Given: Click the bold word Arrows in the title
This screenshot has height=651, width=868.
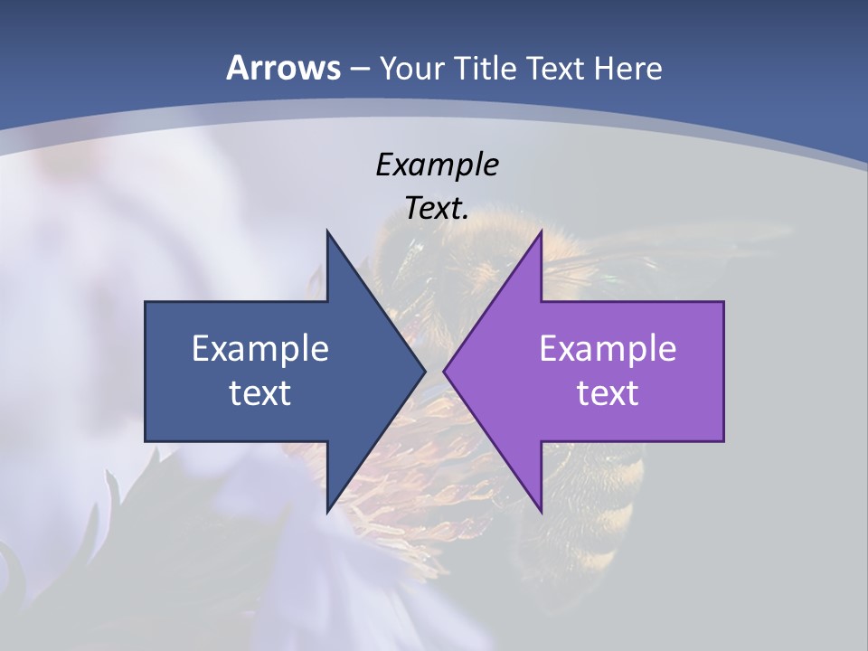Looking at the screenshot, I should click(283, 68).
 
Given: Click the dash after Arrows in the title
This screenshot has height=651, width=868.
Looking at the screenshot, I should click(360, 69).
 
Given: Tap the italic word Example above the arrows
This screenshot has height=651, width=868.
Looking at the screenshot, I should click(437, 165).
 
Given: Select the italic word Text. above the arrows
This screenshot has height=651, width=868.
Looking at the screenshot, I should click(437, 208).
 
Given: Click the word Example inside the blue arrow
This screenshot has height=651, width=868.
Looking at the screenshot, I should click(259, 348).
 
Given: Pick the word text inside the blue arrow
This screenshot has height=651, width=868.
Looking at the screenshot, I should click(259, 392).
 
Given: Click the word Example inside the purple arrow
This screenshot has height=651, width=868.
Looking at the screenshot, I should click(608, 348).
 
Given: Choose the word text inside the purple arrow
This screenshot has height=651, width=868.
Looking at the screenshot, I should click(608, 392).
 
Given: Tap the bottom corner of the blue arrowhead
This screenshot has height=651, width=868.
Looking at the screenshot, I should click(327, 511).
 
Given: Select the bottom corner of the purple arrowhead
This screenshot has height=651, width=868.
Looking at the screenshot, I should click(541, 511).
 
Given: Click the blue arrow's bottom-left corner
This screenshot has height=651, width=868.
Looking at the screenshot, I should click(146, 440).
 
